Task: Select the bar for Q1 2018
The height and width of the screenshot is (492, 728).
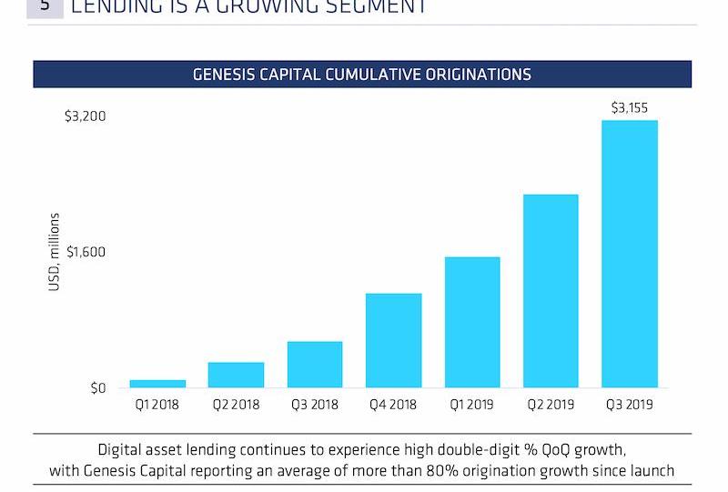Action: pyautogui.click(x=157, y=384)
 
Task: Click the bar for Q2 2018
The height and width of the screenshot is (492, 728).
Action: pyautogui.click(x=236, y=375)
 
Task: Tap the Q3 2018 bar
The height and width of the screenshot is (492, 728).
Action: pyautogui.click(x=315, y=365)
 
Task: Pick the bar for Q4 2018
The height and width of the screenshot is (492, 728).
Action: pyautogui.click(x=393, y=340)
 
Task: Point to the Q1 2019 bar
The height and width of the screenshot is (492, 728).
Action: pyautogui.click(x=472, y=322)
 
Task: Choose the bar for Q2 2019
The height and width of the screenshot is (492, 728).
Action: pyautogui.click(x=551, y=291)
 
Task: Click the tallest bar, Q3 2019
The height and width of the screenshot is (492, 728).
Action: pyautogui.click(x=630, y=254)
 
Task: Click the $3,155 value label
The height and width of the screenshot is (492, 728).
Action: pyautogui.click(x=630, y=107)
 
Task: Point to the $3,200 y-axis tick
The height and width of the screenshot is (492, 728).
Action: pyautogui.click(x=86, y=116)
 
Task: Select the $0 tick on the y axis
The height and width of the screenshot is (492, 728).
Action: pyautogui.click(x=97, y=388)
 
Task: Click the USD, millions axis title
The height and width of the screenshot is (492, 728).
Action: pyautogui.click(x=55, y=252)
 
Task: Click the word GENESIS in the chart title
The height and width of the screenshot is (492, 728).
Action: pyautogui.click(x=223, y=75)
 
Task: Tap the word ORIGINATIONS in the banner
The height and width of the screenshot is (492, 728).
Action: pyautogui.click(x=478, y=75)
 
